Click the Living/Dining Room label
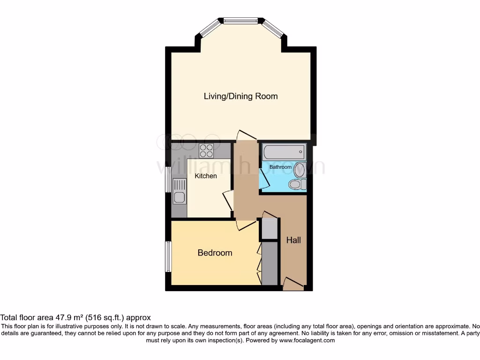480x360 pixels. tap(240, 96)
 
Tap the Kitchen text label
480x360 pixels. tap(206, 176)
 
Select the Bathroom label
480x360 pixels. tap(280, 167)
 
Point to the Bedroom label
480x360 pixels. tap(215, 253)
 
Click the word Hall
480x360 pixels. tap(293, 240)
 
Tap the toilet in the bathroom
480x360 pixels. tap(296, 184)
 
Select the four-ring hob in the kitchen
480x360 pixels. tap(207, 150)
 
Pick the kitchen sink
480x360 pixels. tap(179, 192)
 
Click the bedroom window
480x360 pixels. tap(168, 256)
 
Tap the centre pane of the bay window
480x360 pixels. tap(240, 21)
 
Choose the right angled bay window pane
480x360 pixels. tap(273, 28)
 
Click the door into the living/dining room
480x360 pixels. tap(246, 135)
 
